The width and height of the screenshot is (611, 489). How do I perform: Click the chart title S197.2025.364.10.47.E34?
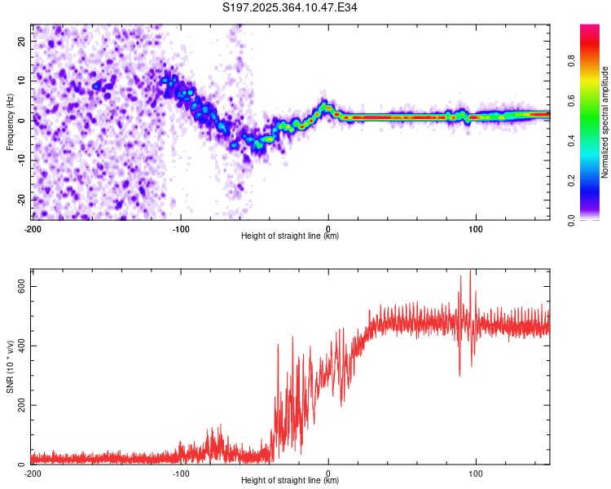tap(290, 7)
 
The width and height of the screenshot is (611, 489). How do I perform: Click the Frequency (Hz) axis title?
tap(10, 121)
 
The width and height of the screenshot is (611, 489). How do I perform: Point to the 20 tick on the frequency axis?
tap(22, 41)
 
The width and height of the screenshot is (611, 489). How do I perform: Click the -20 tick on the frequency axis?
tap(20, 200)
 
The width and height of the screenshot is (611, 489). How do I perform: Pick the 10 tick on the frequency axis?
tap(22, 81)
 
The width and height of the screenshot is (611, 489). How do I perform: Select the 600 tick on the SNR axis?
tap(19, 286)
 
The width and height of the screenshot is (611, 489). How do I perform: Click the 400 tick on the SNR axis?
tap(19, 346)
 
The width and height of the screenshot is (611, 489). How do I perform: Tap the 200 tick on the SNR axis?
tap(19, 405)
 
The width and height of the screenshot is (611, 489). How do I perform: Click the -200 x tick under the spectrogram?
tap(33, 229)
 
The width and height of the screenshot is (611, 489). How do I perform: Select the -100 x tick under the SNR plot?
tap(181, 474)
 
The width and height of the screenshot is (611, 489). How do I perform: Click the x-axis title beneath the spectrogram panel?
tap(290, 236)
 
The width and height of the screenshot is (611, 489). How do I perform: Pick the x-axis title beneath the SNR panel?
tap(290, 481)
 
